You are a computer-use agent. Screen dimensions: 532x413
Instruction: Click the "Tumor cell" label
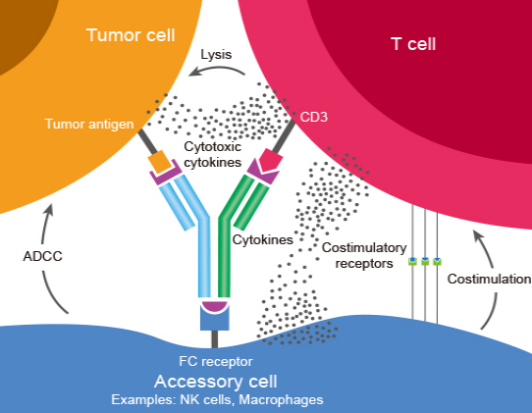[x=131, y=35]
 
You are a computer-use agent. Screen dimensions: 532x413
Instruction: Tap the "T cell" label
[x=413, y=44]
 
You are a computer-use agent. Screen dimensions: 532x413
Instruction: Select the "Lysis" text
[x=216, y=55]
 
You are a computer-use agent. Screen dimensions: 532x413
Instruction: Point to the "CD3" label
[x=314, y=117]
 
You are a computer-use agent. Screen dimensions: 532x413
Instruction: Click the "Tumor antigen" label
[x=89, y=125]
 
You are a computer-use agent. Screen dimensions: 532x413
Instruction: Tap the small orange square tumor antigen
[x=159, y=162]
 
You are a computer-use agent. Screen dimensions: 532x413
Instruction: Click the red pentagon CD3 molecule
[x=271, y=159]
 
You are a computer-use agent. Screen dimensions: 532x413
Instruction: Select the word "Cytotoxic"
[x=213, y=147]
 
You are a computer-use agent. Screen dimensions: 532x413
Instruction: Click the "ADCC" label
[x=43, y=256]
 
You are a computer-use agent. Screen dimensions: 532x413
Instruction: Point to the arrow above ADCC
[x=46, y=223]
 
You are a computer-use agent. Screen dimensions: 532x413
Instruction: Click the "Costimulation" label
[x=489, y=279]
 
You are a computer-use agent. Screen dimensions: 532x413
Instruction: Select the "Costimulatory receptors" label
[x=364, y=255]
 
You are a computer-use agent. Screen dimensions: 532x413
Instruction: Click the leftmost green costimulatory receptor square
[x=412, y=261]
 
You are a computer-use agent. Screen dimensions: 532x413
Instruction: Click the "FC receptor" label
[x=216, y=361]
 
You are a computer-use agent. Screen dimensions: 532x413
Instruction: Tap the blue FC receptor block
[x=214, y=319]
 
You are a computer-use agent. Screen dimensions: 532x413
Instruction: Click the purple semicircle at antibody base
[x=214, y=306]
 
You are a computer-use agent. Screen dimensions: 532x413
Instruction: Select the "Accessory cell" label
[x=216, y=382]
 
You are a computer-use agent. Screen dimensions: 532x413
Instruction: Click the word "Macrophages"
[x=282, y=400]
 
